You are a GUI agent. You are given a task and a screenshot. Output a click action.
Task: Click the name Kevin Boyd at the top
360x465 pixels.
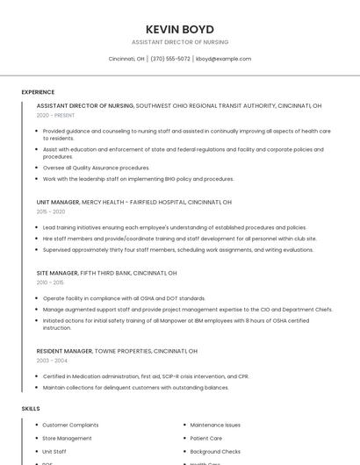tap(179, 29)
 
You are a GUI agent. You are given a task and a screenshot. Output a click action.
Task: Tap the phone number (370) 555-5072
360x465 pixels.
tap(170, 59)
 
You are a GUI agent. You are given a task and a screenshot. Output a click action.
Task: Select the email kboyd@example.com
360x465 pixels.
tap(223, 59)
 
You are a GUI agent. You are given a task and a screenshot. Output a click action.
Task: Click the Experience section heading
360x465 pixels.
tap(38, 91)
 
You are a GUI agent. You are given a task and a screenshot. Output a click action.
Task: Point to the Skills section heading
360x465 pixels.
tap(31, 409)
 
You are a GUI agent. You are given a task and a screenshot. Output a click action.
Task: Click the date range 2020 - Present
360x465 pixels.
tap(55, 115)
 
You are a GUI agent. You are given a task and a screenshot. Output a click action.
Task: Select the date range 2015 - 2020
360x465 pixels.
tap(51, 211)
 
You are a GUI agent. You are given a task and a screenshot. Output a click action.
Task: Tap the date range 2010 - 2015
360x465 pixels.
tap(50, 283)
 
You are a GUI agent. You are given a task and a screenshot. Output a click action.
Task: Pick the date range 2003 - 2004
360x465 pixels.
tap(52, 361)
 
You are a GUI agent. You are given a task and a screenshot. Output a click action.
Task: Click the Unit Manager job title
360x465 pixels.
tap(58, 202)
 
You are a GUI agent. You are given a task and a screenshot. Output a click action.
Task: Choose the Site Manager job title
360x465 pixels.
tap(57, 273)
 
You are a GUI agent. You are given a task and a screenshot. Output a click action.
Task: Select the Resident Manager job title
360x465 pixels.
tap(64, 351)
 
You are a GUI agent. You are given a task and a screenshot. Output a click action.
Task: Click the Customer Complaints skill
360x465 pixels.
tap(70, 425)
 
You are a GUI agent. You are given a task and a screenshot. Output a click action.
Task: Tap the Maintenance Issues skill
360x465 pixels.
tap(215, 425)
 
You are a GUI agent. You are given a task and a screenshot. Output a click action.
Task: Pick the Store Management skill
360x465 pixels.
tap(67, 438)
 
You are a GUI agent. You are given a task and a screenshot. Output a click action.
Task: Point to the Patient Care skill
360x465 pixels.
tap(206, 438)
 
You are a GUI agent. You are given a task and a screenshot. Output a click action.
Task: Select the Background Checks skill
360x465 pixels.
tap(215, 451)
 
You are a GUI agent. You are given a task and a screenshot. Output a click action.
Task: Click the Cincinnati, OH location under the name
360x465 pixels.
tap(126, 59)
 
